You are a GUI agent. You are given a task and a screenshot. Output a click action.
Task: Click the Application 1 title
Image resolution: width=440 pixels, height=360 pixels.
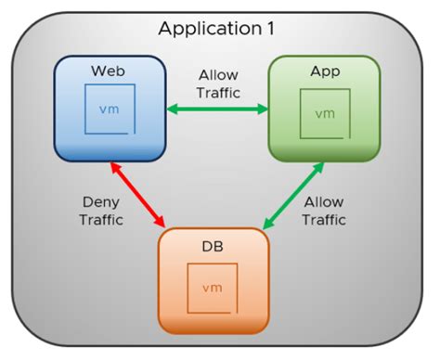[x=215, y=28]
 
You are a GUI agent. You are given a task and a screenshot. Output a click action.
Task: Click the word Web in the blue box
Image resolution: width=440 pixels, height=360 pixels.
[x=110, y=71]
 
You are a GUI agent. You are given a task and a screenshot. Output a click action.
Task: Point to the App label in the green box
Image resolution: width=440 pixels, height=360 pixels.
[x=324, y=71]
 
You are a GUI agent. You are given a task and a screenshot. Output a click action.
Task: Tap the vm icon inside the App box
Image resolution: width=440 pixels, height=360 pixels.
[x=324, y=114]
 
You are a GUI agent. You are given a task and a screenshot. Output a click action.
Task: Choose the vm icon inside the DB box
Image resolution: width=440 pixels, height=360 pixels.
[x=214, y=289]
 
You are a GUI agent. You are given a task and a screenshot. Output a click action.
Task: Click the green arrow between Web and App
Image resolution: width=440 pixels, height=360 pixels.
[x=217, y=109]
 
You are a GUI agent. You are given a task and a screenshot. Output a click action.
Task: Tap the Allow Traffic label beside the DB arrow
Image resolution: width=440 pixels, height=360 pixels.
[x=324, y=212]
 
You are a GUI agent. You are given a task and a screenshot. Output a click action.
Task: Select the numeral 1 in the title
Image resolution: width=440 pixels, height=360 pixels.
[x=270, y=28]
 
